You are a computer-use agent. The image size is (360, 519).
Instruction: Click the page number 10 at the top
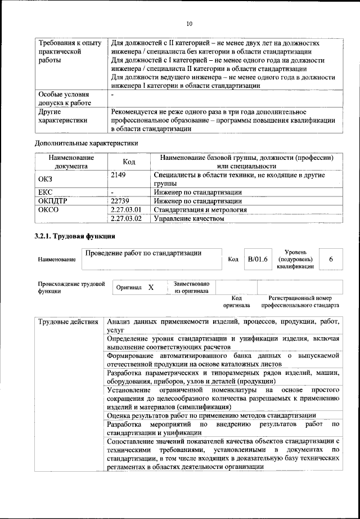pos(189,23)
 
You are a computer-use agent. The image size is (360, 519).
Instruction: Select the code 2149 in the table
pos(119,176)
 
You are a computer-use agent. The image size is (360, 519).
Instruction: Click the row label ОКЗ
pos(45,179)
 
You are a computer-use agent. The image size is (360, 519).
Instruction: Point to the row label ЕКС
pos(45,192)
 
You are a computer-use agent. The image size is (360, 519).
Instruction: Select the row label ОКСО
pos(47,209)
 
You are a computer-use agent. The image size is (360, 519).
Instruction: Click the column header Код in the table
pos(129,162)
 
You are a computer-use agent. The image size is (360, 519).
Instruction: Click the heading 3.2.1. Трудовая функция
pos(75,236)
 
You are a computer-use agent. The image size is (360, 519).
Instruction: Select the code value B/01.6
pos(258,259)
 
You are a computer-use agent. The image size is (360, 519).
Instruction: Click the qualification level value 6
pos(331,259)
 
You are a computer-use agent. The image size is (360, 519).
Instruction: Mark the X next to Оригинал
pos(151,287)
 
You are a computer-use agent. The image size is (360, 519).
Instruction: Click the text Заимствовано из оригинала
pos(191,287)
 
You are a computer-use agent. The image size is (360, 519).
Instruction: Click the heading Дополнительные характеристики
pos(86,142)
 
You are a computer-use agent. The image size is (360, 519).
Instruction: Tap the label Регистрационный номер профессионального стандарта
pos(300,301)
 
